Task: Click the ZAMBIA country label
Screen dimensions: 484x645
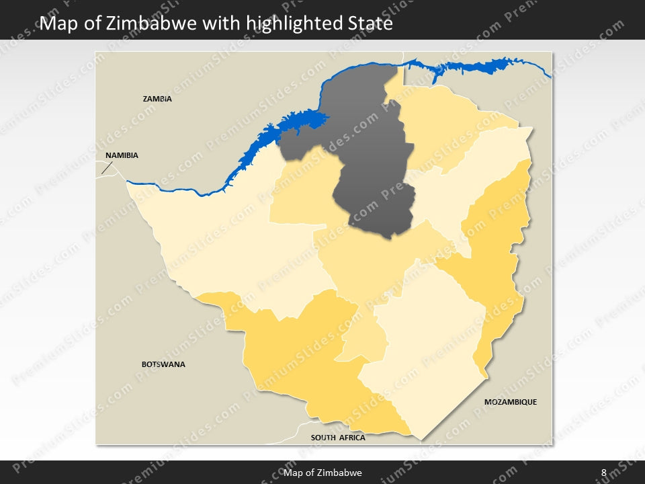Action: [157, 99]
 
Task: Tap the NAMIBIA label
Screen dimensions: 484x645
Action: [122, 155]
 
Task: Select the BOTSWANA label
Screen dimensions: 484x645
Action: [163, 364]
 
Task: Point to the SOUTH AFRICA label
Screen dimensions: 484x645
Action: [338, 438]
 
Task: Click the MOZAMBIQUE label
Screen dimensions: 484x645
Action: [511, 402]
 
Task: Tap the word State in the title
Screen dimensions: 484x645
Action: [370, 24]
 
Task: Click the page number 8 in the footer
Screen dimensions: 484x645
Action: [603, 473]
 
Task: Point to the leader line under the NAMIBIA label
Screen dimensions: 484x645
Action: [105, 167]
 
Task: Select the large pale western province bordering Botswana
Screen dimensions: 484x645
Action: [222, 249]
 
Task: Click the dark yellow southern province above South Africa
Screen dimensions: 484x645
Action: [302, 356]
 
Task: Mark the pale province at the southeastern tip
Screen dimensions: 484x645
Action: [430, 356]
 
